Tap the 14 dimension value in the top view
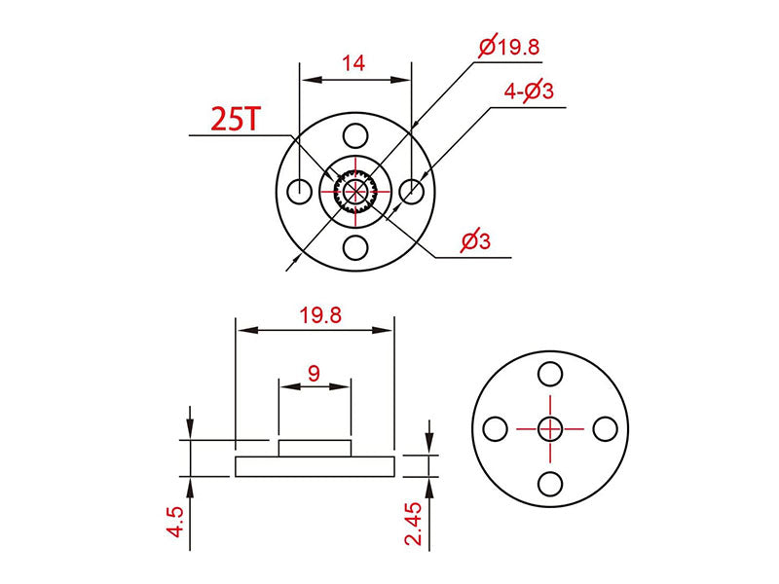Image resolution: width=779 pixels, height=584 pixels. coord(353,64)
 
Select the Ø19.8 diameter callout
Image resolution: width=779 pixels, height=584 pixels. coord(508,46)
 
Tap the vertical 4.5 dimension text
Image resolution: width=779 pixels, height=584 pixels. coord(175,522)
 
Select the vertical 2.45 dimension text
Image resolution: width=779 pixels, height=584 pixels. coord(415,524)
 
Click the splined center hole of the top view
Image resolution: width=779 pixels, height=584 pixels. coord(355,191)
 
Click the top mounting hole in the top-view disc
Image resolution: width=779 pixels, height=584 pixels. coord(355,134)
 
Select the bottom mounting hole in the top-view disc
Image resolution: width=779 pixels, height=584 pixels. coord(355,247)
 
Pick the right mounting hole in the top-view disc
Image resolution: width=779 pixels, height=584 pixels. coord(412,191)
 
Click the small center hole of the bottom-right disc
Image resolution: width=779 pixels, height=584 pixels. coord(550,427)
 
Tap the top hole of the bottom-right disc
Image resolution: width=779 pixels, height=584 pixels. coord(550,373)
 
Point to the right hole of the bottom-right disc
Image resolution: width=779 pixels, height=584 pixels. coord(605,427)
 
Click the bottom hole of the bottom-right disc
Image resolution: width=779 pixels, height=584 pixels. coord(550,482)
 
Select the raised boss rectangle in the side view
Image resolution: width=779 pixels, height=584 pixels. coord(314,448)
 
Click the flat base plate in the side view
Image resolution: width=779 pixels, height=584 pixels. coord(314,466)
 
